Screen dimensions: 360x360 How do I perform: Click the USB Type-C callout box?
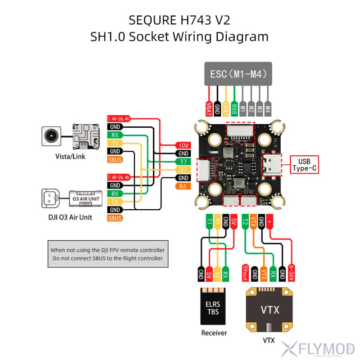(x=305, y=165)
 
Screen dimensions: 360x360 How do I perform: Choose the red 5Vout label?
(x=245, y=272)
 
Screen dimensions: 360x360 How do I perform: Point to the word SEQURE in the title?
(x=152, y=20)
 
